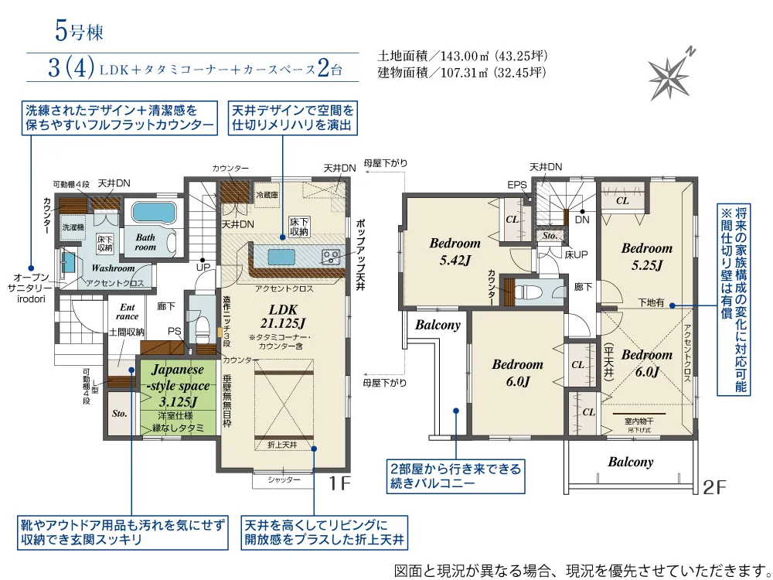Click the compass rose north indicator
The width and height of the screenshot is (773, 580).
point(669,73)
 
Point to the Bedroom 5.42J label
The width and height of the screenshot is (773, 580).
point(455,251)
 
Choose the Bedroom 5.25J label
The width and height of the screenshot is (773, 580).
point(646,256)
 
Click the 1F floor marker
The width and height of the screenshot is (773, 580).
point(339,485)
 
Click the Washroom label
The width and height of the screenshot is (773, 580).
point(113,268)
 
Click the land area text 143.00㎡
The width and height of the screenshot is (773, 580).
point(462,56)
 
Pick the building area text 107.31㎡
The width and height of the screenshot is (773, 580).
point(462,73)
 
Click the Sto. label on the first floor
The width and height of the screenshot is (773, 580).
point(119,414)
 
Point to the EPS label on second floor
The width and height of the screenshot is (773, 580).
point(516,185)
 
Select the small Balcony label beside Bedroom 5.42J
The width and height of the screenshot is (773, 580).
point(438,326)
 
